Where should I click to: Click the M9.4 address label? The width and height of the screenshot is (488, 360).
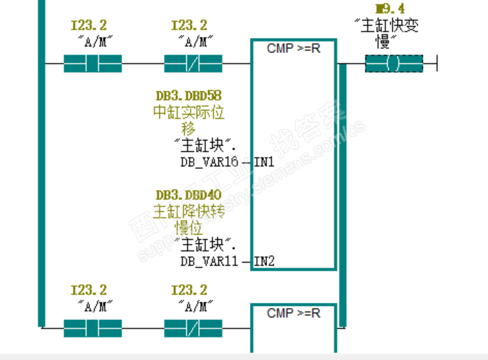[390, 9]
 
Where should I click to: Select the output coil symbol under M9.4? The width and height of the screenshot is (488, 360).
[393, 65]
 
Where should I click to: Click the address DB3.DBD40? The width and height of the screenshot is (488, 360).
[188, 195]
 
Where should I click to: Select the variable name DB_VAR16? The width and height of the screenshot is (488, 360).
[208, 162]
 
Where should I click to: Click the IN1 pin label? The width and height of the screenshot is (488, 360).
[264, 162]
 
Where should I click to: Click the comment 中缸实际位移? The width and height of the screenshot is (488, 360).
[188, 119]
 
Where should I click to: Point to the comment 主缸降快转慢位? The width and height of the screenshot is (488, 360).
[188, 219]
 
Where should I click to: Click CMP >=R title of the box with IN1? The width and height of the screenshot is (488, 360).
[293, 48]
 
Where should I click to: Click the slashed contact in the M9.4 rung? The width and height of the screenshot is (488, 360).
[193, 65]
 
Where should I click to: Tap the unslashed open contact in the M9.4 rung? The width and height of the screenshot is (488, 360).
[92, 65]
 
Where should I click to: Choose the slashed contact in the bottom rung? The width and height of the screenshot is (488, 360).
[193, 328]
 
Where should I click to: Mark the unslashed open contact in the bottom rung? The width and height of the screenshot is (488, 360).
[92, 328]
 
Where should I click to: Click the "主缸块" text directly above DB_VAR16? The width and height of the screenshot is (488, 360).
[206, 146]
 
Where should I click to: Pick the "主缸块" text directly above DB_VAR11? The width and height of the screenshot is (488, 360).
[206, 245]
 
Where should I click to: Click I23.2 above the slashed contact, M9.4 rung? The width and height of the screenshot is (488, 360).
[188, 26]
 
